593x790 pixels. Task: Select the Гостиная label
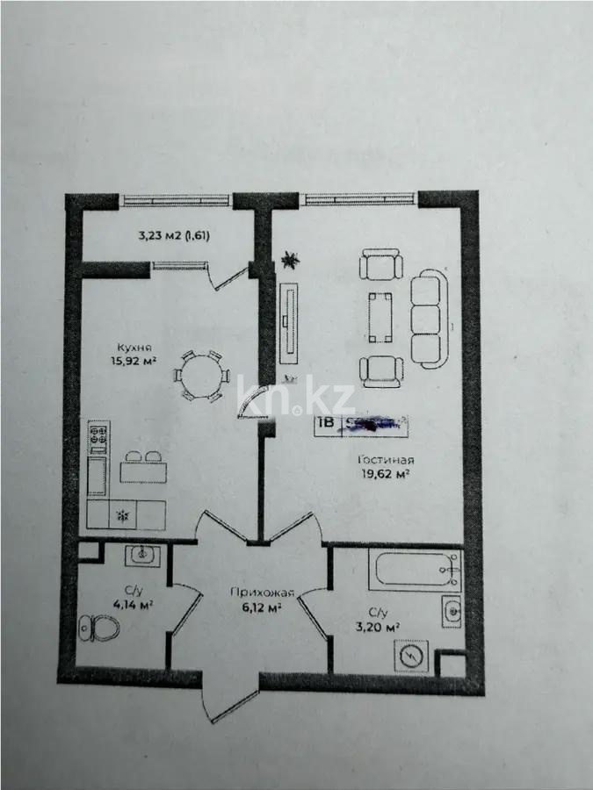[x=386, y=460]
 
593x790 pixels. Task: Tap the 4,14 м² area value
[x=133, y=606]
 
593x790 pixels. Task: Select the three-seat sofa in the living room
[x=430, y=319]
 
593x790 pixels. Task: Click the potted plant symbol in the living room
[x=289, y=259]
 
